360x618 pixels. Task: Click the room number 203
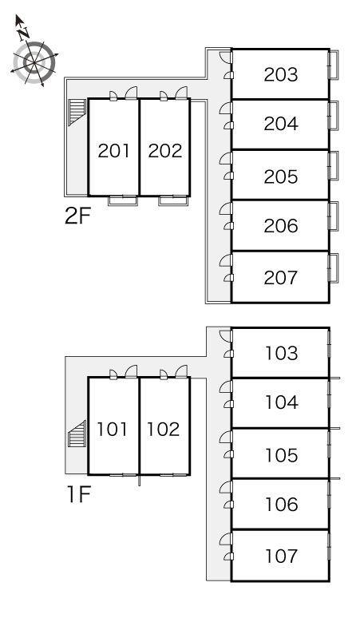point(281,74)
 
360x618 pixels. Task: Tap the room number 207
point(281,278)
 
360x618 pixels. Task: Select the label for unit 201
point(113,151)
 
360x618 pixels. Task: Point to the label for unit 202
point(165,151)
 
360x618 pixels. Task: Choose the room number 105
point(281,455)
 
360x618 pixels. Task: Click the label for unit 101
point(113,430)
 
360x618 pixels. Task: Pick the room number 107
point(281,557)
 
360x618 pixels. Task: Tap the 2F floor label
point(77,216)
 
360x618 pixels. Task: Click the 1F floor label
point(79,494)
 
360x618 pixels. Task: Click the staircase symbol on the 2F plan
point(77,112)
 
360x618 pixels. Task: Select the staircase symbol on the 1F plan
point(77,434)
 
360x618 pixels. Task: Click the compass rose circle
point(34,62)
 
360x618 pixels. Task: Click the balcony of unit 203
point(334,65)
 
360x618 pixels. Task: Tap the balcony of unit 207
point(334,267)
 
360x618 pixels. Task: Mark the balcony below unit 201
point(123,200)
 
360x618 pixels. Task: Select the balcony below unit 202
point(173,200)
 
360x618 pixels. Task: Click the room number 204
point(281,124)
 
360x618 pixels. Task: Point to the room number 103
point(281,353)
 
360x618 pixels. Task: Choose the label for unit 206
point(281,226)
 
